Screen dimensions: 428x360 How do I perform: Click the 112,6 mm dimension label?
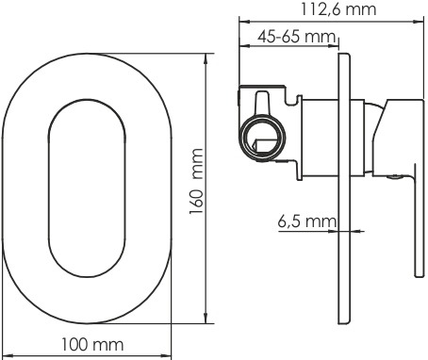tap(338, 9)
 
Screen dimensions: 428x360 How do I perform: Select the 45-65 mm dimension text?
tap(297, 37)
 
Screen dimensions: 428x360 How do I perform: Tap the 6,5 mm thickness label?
tap(306, 221)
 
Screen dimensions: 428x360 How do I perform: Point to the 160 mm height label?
tap(196, 182)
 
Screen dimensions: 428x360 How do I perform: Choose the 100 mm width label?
tap(92, 345)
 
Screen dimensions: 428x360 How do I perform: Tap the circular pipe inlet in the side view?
tap(263, 138)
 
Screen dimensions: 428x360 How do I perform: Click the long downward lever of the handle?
tap(420, 220)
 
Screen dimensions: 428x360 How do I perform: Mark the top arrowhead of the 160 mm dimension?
tap(206, 59)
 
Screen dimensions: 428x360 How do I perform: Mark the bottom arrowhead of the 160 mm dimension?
tap(206, 318)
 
